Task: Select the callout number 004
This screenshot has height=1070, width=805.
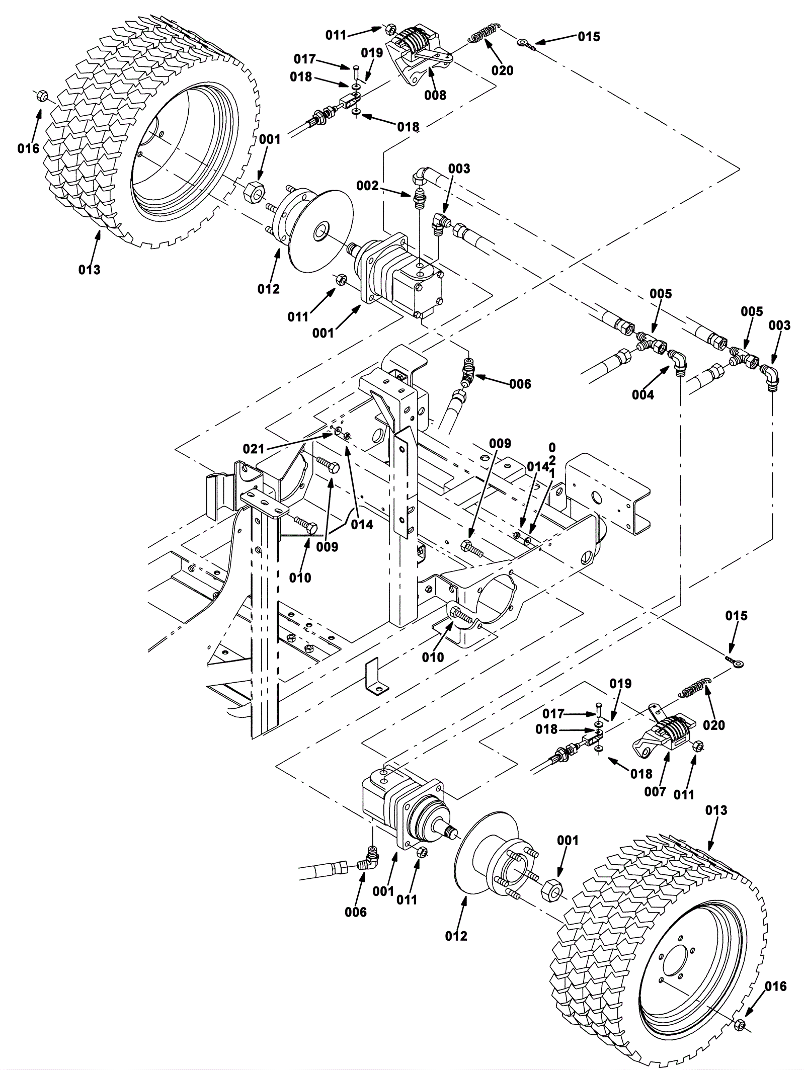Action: pos(643,395)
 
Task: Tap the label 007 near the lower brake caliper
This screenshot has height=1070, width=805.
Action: pos(655,792)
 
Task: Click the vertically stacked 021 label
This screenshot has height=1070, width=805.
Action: pos(552,461)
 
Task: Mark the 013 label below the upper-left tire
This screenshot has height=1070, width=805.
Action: pos(89,270)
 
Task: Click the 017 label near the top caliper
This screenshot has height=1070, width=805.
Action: pos(305,59)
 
